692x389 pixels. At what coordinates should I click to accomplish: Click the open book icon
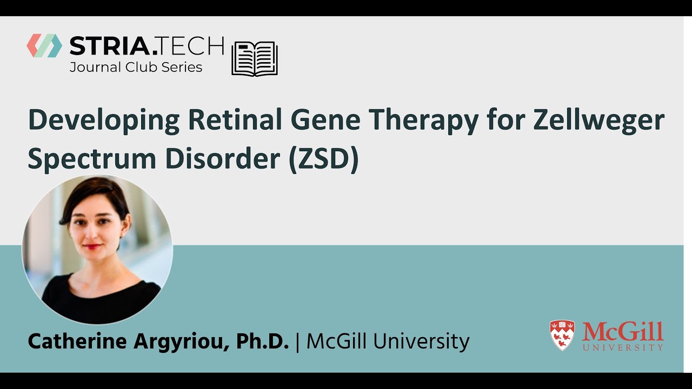click(x=255, y=58)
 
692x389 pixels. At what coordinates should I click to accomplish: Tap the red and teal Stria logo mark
click(x=44, y=46)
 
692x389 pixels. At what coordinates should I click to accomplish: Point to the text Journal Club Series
click(x=136, y=68)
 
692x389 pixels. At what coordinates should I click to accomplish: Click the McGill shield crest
click(x=562, y=336)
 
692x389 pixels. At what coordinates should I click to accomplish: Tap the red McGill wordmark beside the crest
click(x=623, y=331)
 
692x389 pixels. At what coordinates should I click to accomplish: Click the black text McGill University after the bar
click(x=388, y=341)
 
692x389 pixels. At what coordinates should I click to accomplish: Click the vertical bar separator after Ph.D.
click(x=298, y=341)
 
